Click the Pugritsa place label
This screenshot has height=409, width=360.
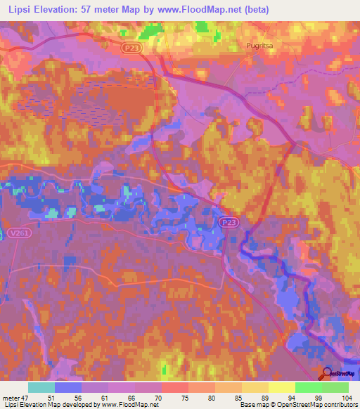261,46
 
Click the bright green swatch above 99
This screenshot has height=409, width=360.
309,387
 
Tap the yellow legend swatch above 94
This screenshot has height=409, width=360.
282,387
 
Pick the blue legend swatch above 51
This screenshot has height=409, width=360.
68,387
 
